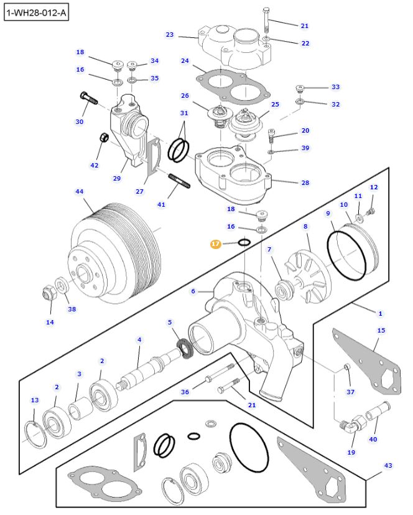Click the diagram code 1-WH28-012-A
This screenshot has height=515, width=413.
coord(35,12)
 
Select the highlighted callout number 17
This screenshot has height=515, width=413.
coord(215,244)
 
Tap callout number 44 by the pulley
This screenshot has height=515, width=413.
coord(80,192)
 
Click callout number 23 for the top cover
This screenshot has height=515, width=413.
coord(169,35)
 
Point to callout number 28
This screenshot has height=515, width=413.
coord(305,182)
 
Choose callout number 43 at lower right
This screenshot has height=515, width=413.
coord(388,465)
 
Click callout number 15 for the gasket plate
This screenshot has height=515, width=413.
coord(381,330)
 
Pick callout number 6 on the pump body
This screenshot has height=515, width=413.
coord(193,291)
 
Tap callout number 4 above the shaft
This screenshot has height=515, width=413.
coord(139,339)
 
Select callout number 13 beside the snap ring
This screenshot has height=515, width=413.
coord(34,400)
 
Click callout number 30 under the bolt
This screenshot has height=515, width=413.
coord(80,121)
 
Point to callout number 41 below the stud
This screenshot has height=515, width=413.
coord(161,204)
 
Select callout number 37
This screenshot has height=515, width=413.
coord(351,392)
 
